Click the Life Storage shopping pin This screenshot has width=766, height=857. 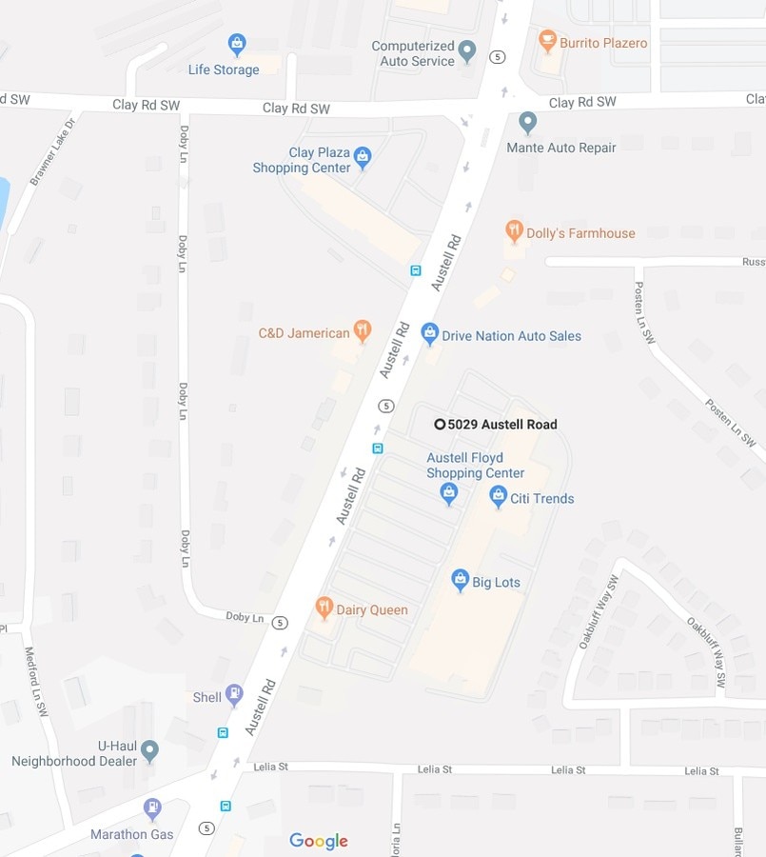point(237,44)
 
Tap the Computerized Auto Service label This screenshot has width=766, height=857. point(413,53)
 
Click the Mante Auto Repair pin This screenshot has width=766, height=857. point(528,123)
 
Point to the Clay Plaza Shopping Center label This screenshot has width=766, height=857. point(301,160)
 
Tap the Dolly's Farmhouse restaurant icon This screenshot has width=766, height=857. point(515,230)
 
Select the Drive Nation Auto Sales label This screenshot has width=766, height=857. point(511,335)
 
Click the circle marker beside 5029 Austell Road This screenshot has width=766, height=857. point(440,425)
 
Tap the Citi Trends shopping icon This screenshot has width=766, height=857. point(498,496)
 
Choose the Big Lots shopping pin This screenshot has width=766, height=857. point(461,580)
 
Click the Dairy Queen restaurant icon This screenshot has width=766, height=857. point(324,608)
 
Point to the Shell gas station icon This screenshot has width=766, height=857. point(234,695)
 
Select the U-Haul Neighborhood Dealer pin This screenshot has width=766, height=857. point(149,751)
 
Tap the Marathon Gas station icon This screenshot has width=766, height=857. point(152,809)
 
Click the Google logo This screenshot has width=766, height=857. point(319,841)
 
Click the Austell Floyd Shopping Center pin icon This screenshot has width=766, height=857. point(449,492)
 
